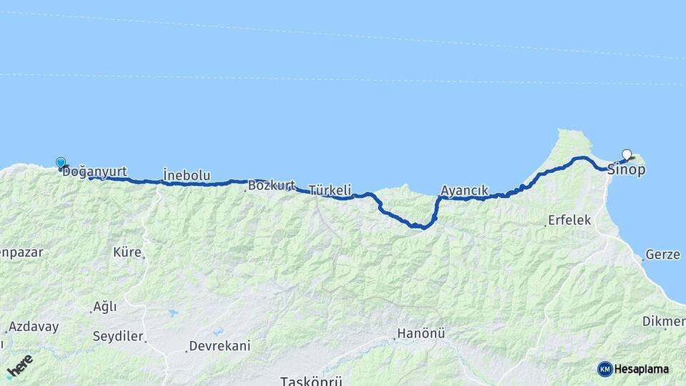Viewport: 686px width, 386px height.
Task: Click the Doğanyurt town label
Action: pos(95,172)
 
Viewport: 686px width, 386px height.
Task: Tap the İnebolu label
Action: pos(187,174)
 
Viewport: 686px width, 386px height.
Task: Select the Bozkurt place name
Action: pos(272,186)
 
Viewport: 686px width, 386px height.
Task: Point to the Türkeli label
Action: pos(330,190)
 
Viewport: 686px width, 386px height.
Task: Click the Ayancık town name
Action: pos(464,191)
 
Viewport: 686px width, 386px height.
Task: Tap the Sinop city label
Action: pos(626,170)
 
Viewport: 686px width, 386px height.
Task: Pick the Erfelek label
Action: pos(570,220)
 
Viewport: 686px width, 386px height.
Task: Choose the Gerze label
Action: pos(662,254)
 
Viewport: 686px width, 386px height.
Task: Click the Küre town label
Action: pos(127,252)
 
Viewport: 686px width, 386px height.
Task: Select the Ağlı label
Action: pos(104,307)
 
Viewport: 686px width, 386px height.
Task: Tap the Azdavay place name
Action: pos(34,327)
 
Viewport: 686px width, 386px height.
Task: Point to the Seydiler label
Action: pos(118,336)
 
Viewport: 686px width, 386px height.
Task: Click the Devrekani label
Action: pos(219,346)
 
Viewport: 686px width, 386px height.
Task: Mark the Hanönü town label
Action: pos(422,333)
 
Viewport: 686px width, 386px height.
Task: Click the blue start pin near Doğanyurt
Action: pos(61,163)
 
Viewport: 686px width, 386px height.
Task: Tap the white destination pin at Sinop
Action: pos(627,154)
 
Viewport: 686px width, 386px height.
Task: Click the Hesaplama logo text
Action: pos(642,369)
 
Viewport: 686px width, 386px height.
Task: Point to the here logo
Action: pos(19,367)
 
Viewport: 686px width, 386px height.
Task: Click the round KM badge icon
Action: pos(605,369)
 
